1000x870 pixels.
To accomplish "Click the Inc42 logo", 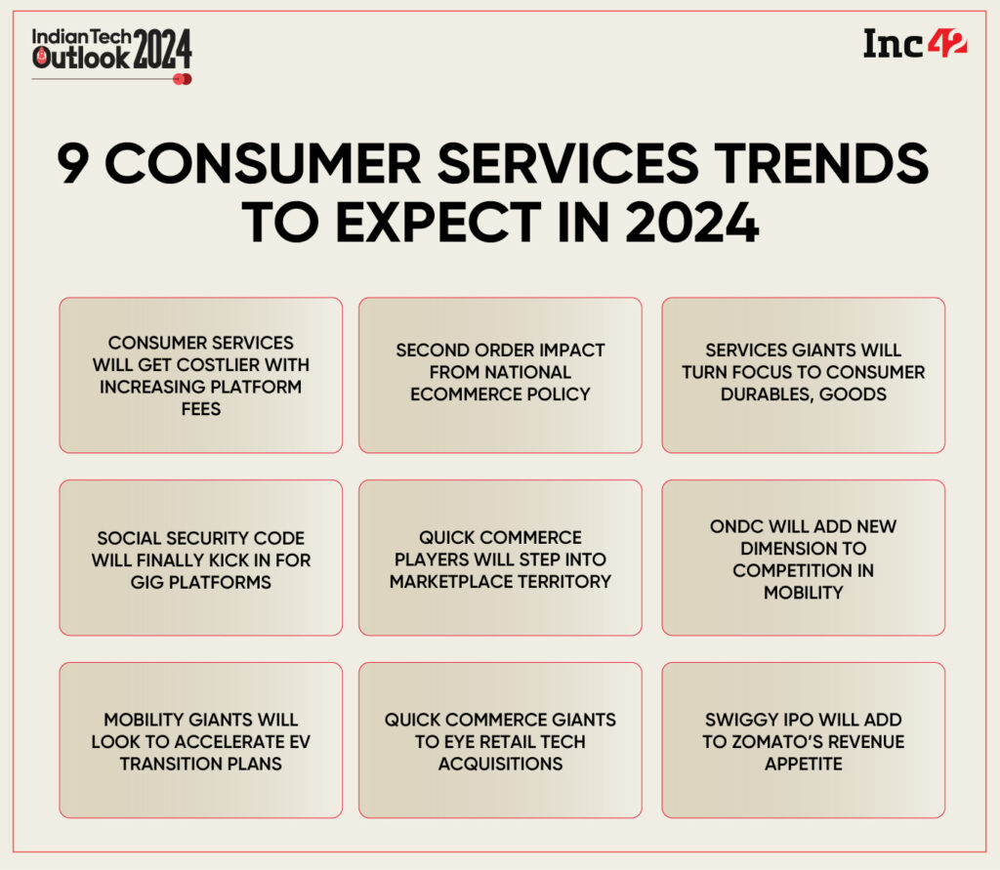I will point(914,45).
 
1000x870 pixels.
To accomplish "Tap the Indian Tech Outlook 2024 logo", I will point(111,51).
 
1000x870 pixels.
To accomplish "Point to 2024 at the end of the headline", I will point(694,224).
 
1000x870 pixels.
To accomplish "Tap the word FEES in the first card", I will point(200,409).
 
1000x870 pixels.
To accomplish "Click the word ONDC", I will point(734,526).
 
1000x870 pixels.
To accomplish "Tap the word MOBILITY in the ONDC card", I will point(803,593).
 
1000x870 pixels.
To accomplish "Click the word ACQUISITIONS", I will point(500,764).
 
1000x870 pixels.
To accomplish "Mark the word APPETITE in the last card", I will point(803,764).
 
